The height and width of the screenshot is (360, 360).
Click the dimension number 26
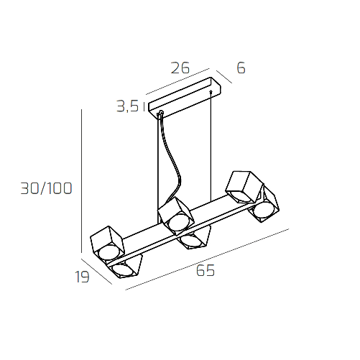pos(180,69)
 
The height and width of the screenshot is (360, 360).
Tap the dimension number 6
pos(241,68)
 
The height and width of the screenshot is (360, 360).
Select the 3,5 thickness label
pos(127,107)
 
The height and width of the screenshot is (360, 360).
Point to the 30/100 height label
pos(46,189)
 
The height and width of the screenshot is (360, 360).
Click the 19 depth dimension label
pos(83,277)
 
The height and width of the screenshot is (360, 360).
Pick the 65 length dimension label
pos(205,271)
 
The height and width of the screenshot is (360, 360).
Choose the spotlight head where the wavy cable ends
pos(175,216)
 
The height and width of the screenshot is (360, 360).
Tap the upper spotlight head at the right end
pos(242,186)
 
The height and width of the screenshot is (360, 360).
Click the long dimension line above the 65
pos(208,259)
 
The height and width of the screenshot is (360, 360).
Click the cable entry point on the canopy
pos(160,113)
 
